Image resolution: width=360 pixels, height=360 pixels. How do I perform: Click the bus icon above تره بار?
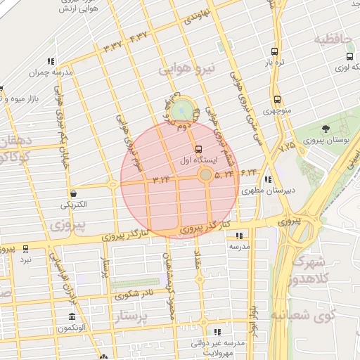pos(274,51)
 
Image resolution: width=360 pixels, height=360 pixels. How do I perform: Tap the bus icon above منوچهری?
pos(277,100)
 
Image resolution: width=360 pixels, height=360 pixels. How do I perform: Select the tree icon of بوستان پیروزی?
pos(326,129)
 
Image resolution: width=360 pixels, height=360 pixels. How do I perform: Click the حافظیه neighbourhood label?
pos(335,39)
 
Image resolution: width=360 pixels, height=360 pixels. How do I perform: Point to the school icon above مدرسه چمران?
pos(51,62)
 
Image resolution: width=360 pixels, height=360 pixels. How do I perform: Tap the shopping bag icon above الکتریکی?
pos(73,194)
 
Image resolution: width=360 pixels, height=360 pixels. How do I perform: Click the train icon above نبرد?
pos(25,249)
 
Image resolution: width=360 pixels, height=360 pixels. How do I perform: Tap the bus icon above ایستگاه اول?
pos(199,149)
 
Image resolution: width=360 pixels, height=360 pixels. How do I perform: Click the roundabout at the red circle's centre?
pos(205,174)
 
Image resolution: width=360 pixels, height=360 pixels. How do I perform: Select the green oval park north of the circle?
pos(182,110)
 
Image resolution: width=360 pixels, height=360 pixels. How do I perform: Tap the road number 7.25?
pos(287,148)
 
